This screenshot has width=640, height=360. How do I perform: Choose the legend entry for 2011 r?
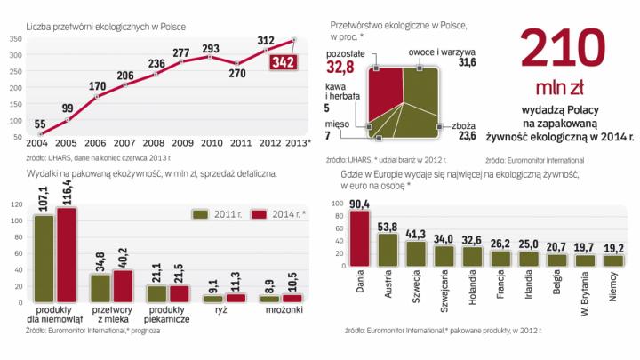click(x=213, y=213)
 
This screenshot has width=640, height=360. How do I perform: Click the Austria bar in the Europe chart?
click(x=388, y=251)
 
